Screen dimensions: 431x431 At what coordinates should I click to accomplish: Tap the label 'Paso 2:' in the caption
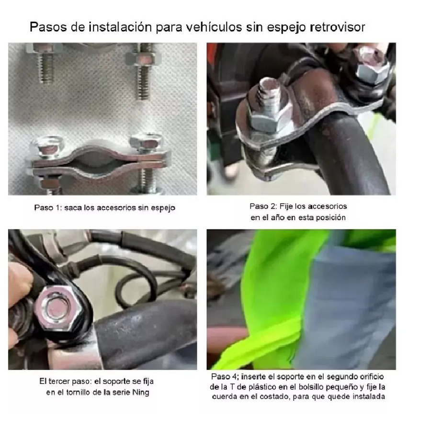coord(263,206)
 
